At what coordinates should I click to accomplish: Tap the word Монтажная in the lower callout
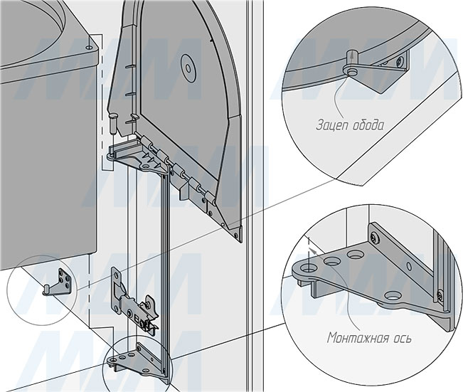[x=356, y=337]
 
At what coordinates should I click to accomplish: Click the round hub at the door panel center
[x=188, y=68]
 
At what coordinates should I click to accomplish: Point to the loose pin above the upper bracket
[x=113, y=124]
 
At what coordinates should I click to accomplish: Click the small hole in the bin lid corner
[x=89, y=47]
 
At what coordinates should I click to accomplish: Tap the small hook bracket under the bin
[x=58, y=282]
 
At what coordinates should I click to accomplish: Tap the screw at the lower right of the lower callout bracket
[x=439, y=295]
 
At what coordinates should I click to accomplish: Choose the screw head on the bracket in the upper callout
[x=400, y=61]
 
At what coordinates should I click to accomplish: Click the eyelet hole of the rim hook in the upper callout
[x=351, y=71]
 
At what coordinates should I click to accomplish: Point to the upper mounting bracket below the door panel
[x=139, y=157]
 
